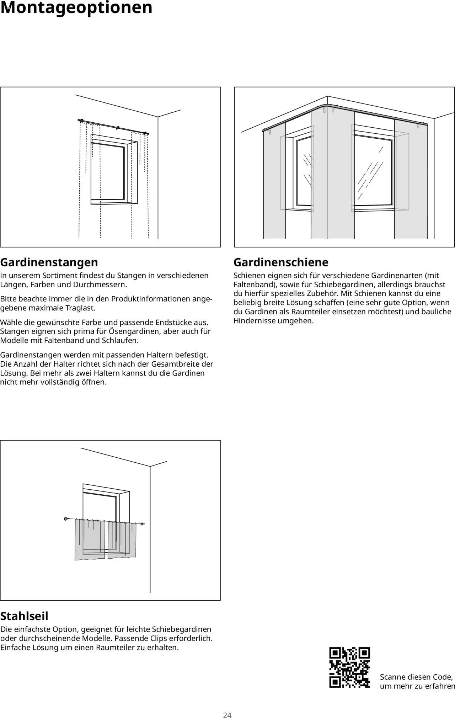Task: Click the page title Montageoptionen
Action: click(76, 8)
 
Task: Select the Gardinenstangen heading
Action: click(49, 262)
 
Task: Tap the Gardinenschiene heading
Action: click(281, 262)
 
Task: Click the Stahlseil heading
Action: click(24, 616)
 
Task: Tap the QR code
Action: click(349, 668)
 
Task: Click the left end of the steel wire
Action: click(66, 519)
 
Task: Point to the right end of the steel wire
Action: click(143, 524)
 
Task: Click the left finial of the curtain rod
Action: click(80, 121)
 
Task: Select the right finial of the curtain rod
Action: click(146, 133)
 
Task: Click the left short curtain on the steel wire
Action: click(90, 539)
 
